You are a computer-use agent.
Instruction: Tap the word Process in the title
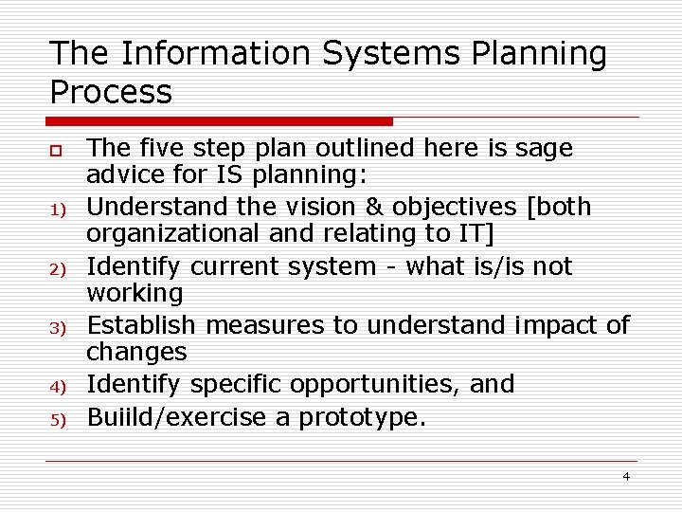[x=111, y=92]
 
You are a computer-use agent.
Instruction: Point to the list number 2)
[x=56, y=269]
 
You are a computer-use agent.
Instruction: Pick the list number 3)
[x=56, y=328]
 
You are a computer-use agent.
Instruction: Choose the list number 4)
[x=56, y=387]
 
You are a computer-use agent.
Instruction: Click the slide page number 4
[x=625, y=476]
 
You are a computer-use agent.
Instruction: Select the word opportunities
[x=369, y=384]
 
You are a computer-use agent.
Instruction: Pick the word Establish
[x=142, y=325]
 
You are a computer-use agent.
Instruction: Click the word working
[x=134, y=293]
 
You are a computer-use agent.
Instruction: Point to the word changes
[x=136, y=352]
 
